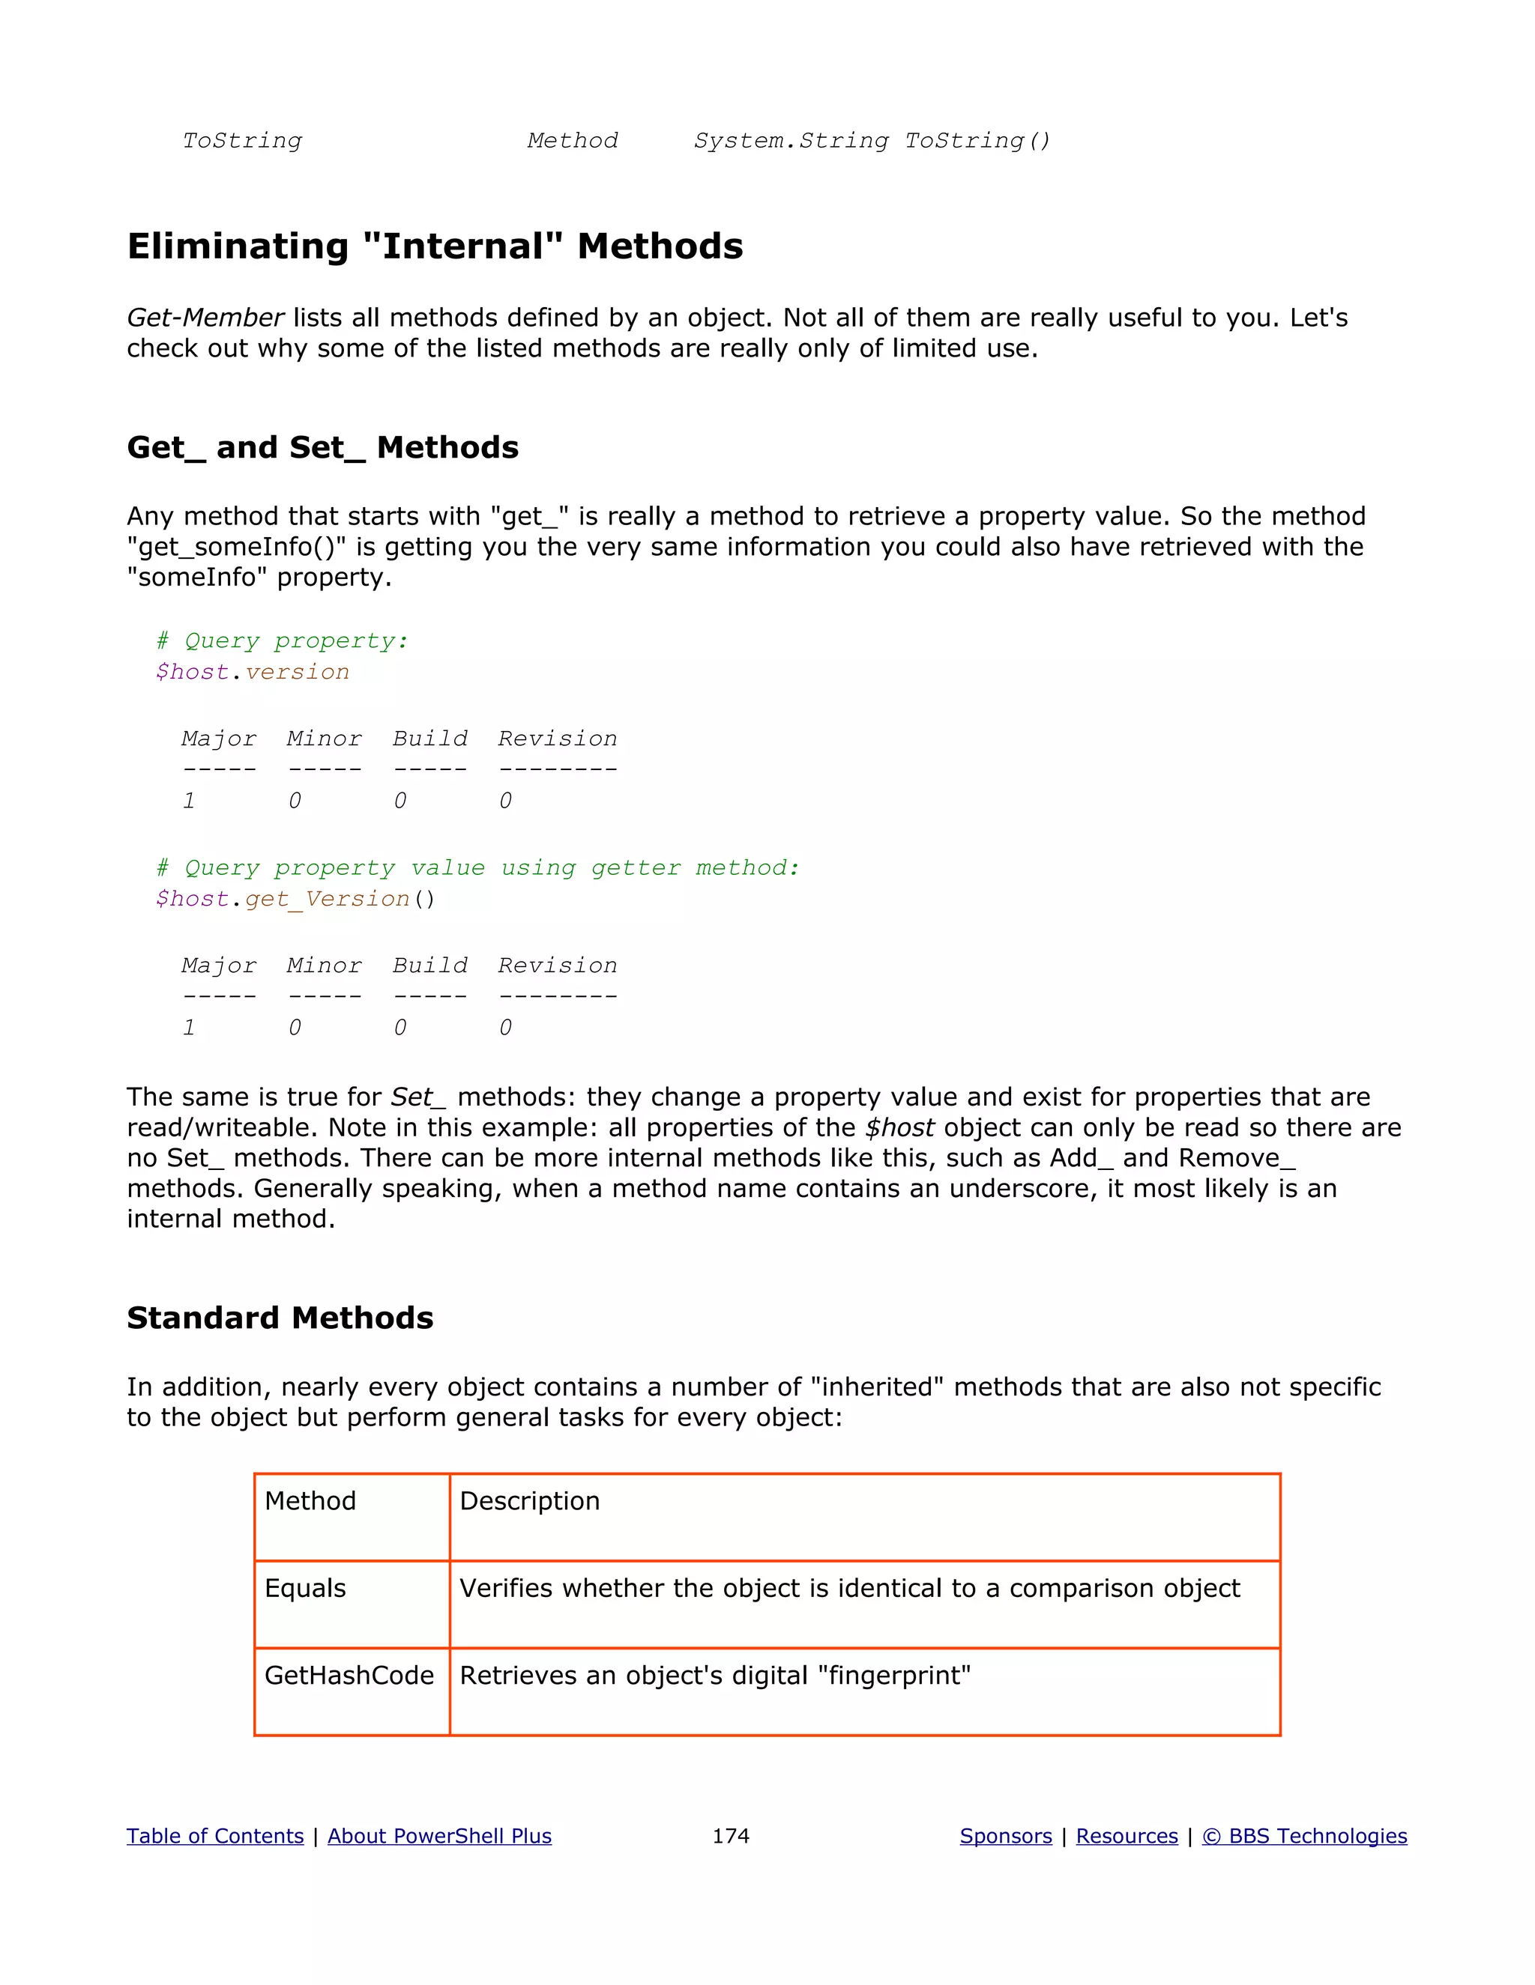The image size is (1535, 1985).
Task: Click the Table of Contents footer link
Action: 214,1836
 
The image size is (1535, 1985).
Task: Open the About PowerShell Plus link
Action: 439,1836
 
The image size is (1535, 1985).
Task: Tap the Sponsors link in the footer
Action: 1005,1836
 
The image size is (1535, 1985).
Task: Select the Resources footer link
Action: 1127,1836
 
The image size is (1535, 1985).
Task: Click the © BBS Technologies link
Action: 1304,1836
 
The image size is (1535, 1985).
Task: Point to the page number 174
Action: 730,1836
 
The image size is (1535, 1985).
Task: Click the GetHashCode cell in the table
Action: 349,1675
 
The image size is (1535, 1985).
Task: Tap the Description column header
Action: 529,1500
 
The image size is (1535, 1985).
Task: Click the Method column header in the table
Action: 310,1500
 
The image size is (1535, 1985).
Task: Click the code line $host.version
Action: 252,672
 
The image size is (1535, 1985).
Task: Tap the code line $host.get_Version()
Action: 295,899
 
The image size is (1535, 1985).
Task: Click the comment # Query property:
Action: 282,640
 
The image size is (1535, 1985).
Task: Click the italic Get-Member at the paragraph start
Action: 205,318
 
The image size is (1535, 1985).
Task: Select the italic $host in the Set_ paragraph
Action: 899,1128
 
